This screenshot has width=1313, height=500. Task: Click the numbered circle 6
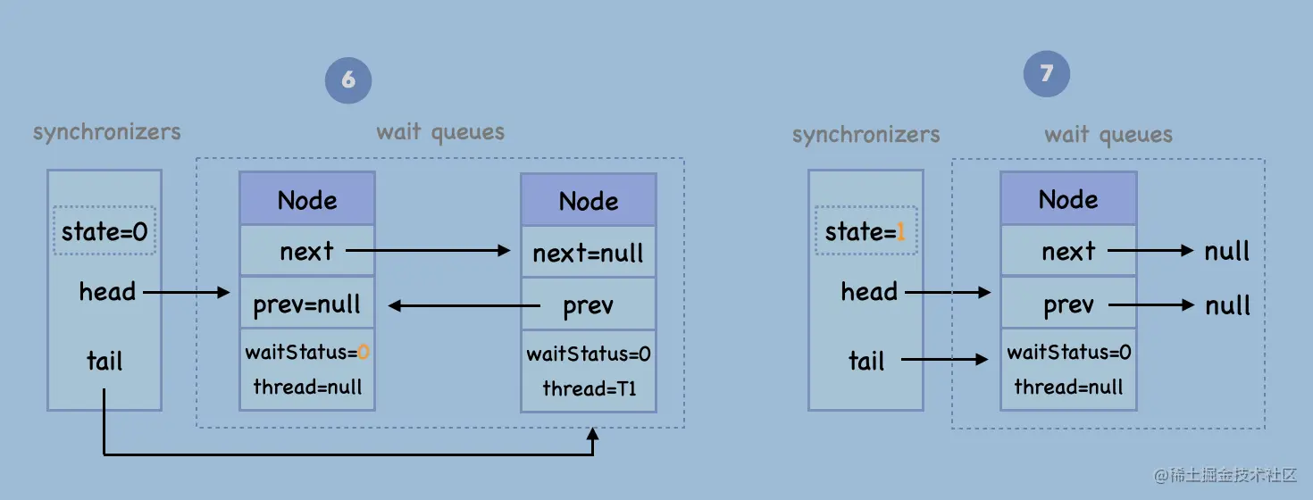point(348,80)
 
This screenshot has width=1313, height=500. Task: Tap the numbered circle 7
point(1046,73)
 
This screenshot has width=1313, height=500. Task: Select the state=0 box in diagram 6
point(105,232)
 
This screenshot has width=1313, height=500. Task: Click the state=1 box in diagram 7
point(866,232)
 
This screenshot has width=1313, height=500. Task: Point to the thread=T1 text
point(589,388)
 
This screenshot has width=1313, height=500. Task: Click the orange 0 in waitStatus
point(364,353)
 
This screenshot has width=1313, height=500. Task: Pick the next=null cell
point(588,253)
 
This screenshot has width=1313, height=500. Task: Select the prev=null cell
point(307,305)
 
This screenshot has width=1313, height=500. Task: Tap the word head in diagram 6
point(107,292)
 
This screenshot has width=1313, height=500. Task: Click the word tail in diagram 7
point(866,361)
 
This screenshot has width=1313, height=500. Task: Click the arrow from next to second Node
point(427,252)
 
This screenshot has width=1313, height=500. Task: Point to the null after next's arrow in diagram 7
point(1227,252)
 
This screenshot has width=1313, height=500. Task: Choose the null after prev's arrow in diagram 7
point(1227,305)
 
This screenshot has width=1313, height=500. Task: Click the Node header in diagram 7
point(1068,198)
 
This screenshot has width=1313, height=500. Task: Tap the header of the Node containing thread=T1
point(588,200)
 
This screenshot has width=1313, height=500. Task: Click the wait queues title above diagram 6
point(440,133)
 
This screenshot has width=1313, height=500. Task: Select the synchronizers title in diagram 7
point(866,135)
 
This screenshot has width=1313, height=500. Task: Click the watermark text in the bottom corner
point(1225,475)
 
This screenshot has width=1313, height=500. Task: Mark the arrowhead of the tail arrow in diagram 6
point(593,435)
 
